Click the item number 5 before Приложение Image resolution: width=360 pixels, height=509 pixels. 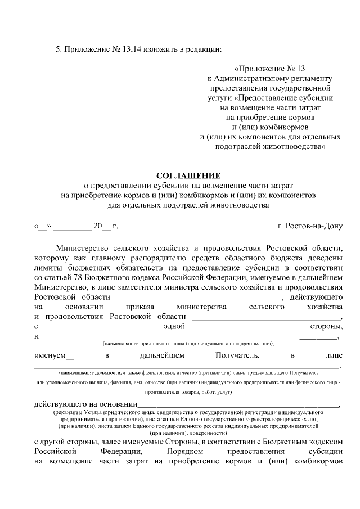click(x=57, y=48)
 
